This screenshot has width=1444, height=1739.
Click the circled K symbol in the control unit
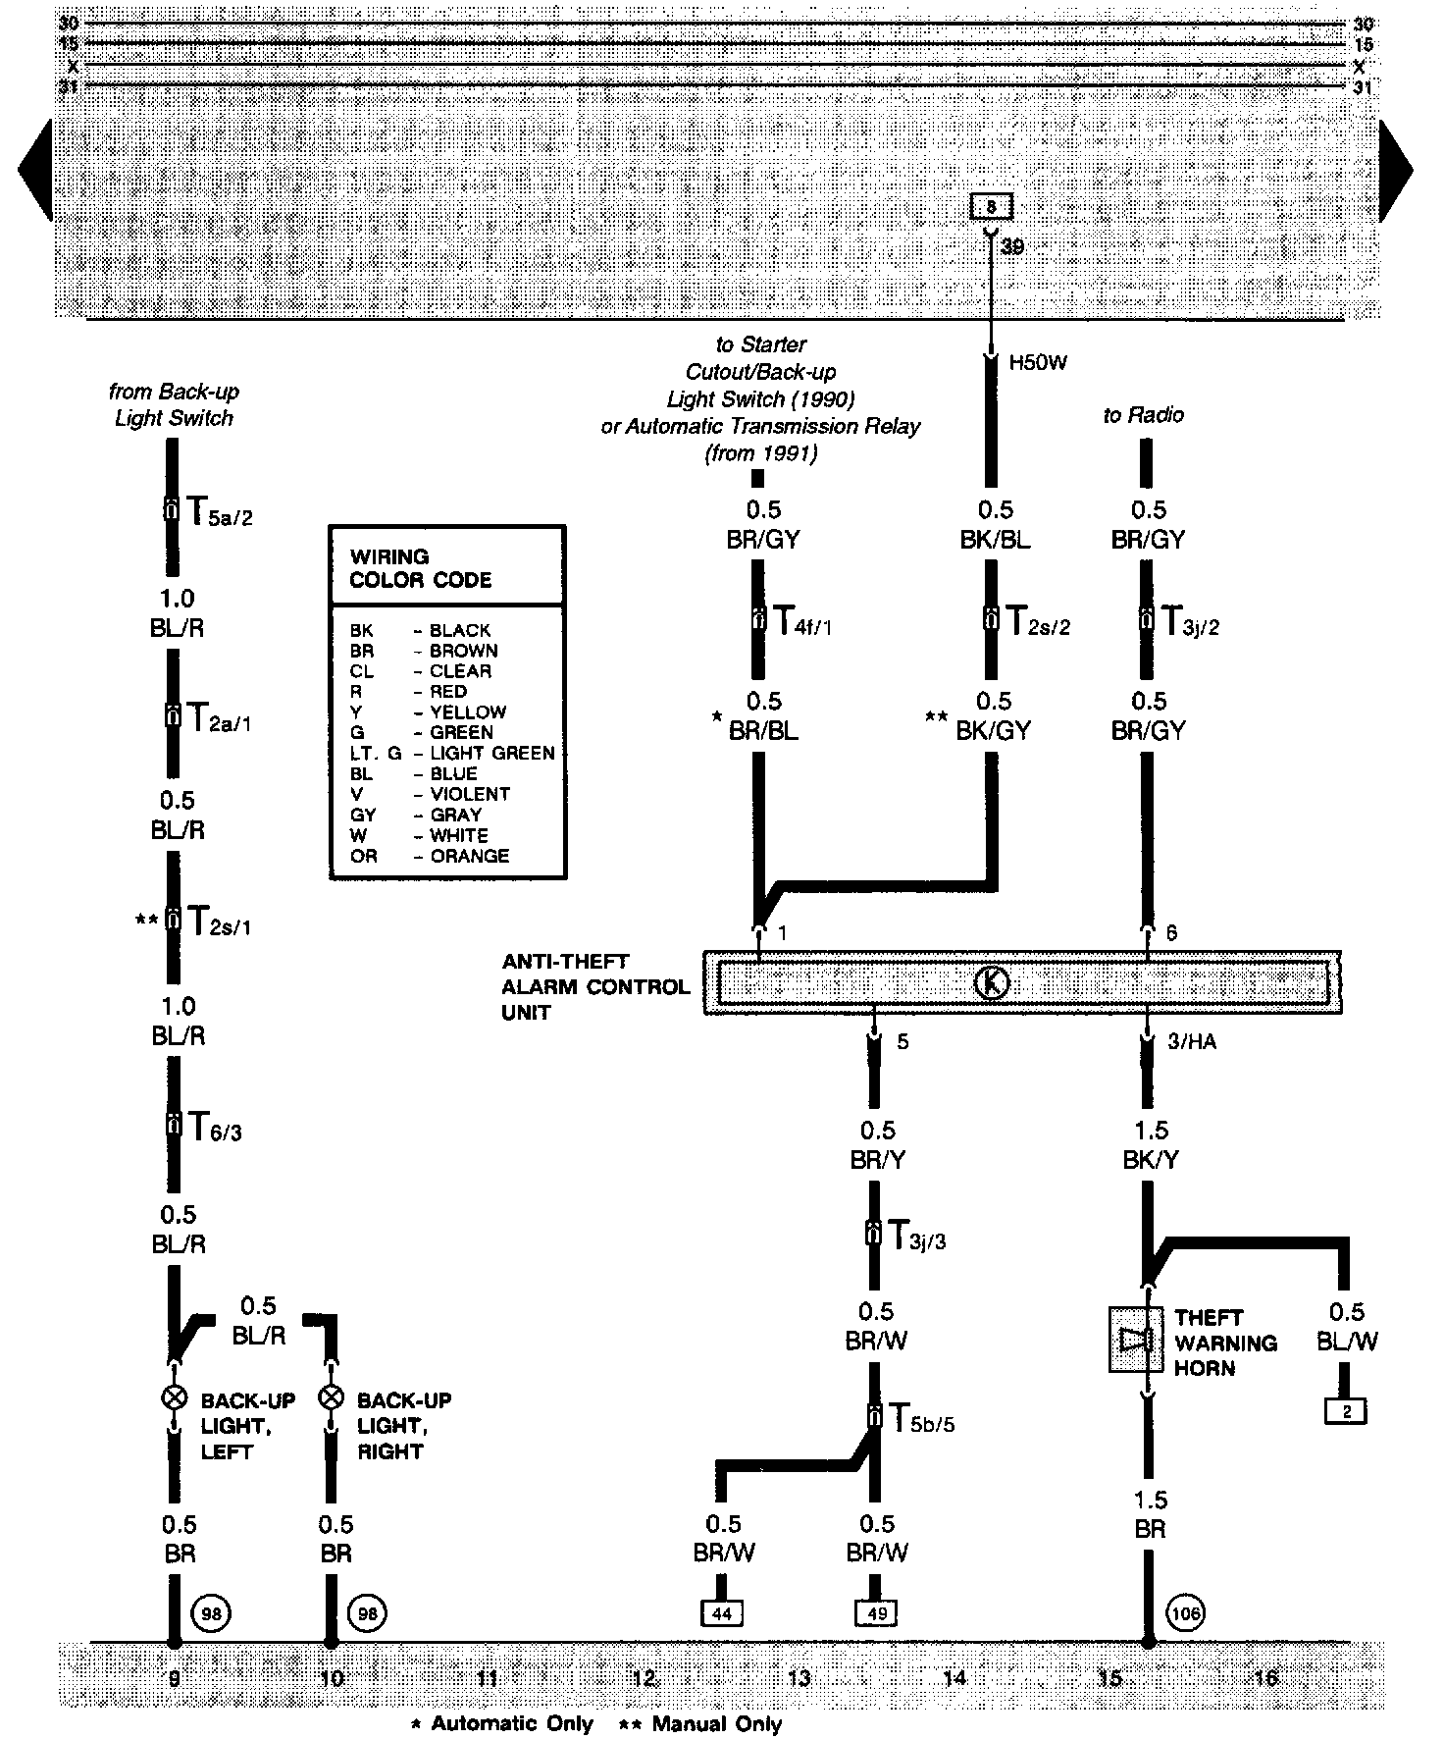[x=993, y=982]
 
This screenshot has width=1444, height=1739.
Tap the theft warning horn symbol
[x=1135, y=1339]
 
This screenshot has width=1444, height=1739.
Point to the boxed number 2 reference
[x=1346, y=1412]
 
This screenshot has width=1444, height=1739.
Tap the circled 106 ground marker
[x=1186, y=1611]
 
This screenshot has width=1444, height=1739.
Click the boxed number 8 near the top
[x=991, y=207]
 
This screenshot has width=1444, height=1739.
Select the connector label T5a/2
[x=218, y=511]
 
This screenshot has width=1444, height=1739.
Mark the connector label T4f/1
[x=802, y=621]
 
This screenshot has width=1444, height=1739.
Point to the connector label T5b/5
[x=919, y=1418]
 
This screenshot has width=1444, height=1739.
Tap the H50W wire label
[x=1037, y=363]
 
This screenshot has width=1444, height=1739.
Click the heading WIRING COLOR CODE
[x=420, y=568]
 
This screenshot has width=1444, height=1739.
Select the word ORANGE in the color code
[x=469, y=856]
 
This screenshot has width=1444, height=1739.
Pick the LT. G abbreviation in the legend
[x=375, y=753]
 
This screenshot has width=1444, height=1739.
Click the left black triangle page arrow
[x=35, y=170]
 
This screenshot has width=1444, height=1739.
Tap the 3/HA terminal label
[x=1191, y=1041]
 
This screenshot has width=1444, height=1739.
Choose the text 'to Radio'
[x=1143, y=415]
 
